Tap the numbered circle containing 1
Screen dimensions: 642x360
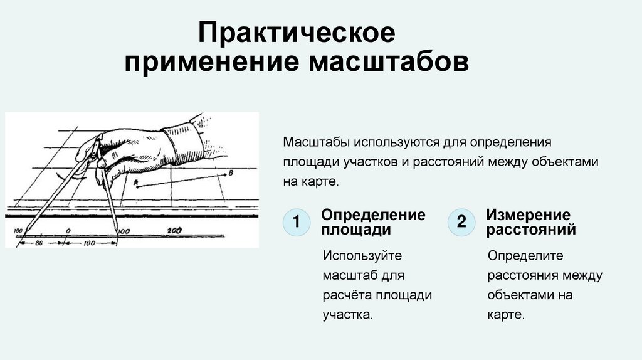[x=297, y=221]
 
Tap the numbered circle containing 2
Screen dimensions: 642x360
[x=461, y=221]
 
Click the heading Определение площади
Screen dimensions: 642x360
[x=373, y=222]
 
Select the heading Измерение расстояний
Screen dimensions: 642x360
[x=530, y=222]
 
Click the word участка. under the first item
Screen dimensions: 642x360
[x=347, y=314]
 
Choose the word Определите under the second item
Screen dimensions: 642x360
[x=525, y=255]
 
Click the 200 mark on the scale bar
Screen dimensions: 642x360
[x=174, y=230]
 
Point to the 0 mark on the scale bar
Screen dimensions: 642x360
[x=68, y=230]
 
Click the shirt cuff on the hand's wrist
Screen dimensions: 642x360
[x=183, y=142]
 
